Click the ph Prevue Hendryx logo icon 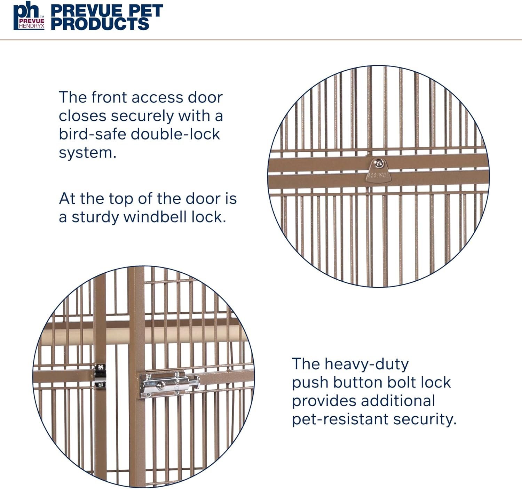(x=29, y=15)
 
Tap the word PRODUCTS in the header (x=100, y=23)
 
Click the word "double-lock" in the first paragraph (x=175, y=134)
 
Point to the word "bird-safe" (x=93, y=134)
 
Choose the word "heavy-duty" (x=366, y=365)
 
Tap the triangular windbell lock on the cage (x=379, y=170)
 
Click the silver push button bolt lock (x=169, y=384)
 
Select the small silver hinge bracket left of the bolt (x=100, y=376)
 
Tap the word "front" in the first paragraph (x=109, y=97)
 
